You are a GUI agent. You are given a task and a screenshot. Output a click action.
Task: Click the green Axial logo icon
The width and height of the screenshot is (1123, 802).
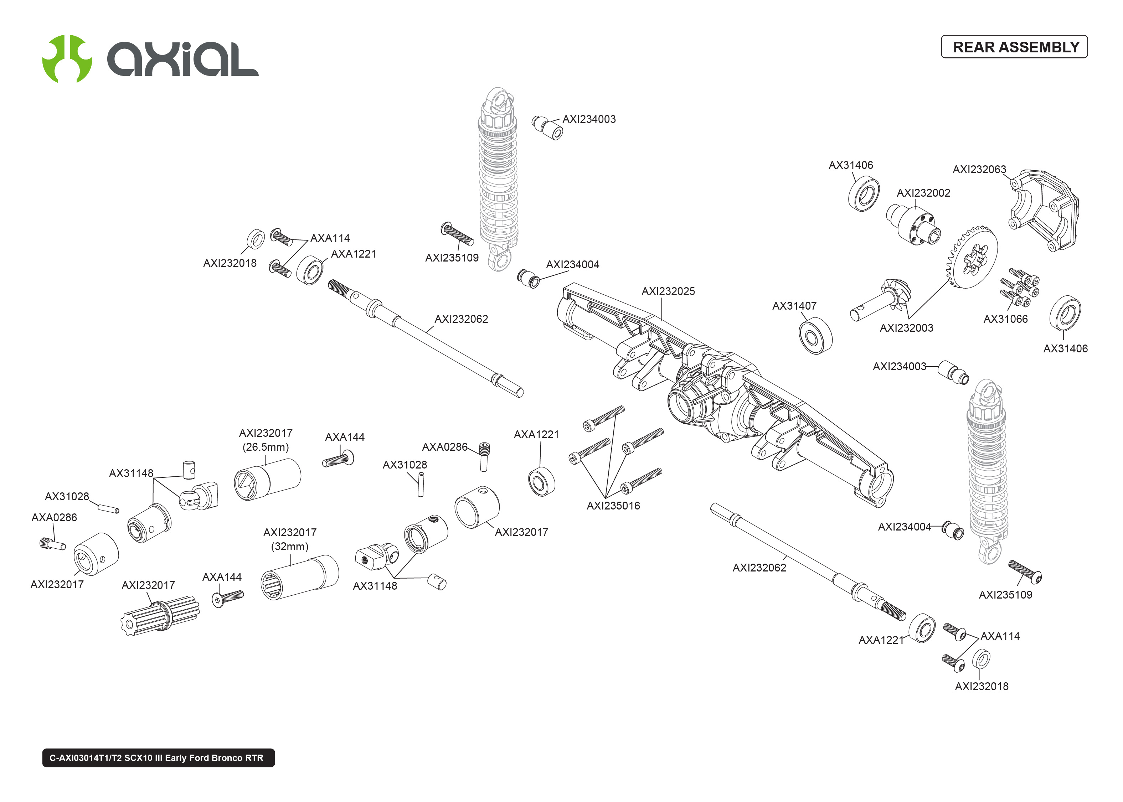[67, 59]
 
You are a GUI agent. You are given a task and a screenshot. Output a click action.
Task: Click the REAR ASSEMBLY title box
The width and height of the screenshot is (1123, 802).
[1014, 47]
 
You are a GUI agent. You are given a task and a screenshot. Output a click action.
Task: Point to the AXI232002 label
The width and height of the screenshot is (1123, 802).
[923, 193]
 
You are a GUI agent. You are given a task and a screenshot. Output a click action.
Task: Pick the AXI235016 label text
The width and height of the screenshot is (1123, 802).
[613, 506]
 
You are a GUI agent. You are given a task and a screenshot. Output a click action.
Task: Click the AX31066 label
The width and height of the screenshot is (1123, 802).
[1005, 319]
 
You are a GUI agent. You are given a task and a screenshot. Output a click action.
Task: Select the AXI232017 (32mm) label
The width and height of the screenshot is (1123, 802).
[290, 539]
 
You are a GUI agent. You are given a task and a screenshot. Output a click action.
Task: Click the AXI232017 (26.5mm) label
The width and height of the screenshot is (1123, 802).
[266, 440]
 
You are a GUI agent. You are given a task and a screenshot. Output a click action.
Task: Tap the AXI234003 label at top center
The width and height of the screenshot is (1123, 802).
[589, 119]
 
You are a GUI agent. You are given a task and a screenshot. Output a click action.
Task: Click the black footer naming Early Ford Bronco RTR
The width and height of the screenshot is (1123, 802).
[158, 757]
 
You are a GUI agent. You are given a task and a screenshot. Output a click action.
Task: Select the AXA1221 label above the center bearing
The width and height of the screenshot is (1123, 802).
[536, 435]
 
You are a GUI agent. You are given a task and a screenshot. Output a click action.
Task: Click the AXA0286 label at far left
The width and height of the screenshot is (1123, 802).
[54, 518]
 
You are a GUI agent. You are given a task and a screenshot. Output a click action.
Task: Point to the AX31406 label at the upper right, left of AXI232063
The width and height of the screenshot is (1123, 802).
[850, 165]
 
